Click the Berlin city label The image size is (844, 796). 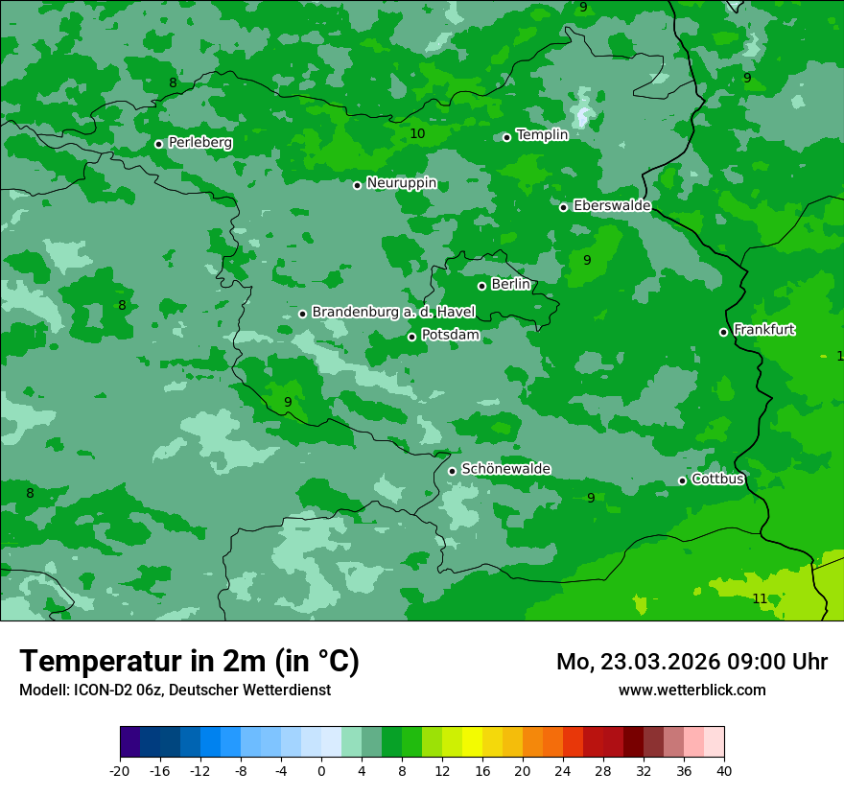point(510,285)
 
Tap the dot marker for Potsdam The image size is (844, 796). point(412,337)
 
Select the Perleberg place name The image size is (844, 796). point(200,143)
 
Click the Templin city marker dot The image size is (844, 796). point(507,137)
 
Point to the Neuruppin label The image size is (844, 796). point(402,183)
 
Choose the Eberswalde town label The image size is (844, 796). point(612,206)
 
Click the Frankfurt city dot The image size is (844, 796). point(724,332)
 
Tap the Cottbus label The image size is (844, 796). point(717,479)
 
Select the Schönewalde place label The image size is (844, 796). point(506,469)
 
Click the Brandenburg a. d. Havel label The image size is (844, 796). point(393,313)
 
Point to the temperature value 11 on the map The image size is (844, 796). point(760,598)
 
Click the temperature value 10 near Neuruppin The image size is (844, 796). point(417,133)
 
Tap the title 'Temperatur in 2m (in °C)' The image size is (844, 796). point(189,661)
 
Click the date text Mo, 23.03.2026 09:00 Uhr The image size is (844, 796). point(692,662)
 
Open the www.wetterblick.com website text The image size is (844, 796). point(692,690)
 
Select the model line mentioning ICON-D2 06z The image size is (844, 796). point(175,690)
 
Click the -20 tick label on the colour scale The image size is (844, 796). point(120,770)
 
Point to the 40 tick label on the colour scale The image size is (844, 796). point(723,770)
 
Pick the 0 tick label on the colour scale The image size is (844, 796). point(321,770)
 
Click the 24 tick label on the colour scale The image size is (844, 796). point(562,770)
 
